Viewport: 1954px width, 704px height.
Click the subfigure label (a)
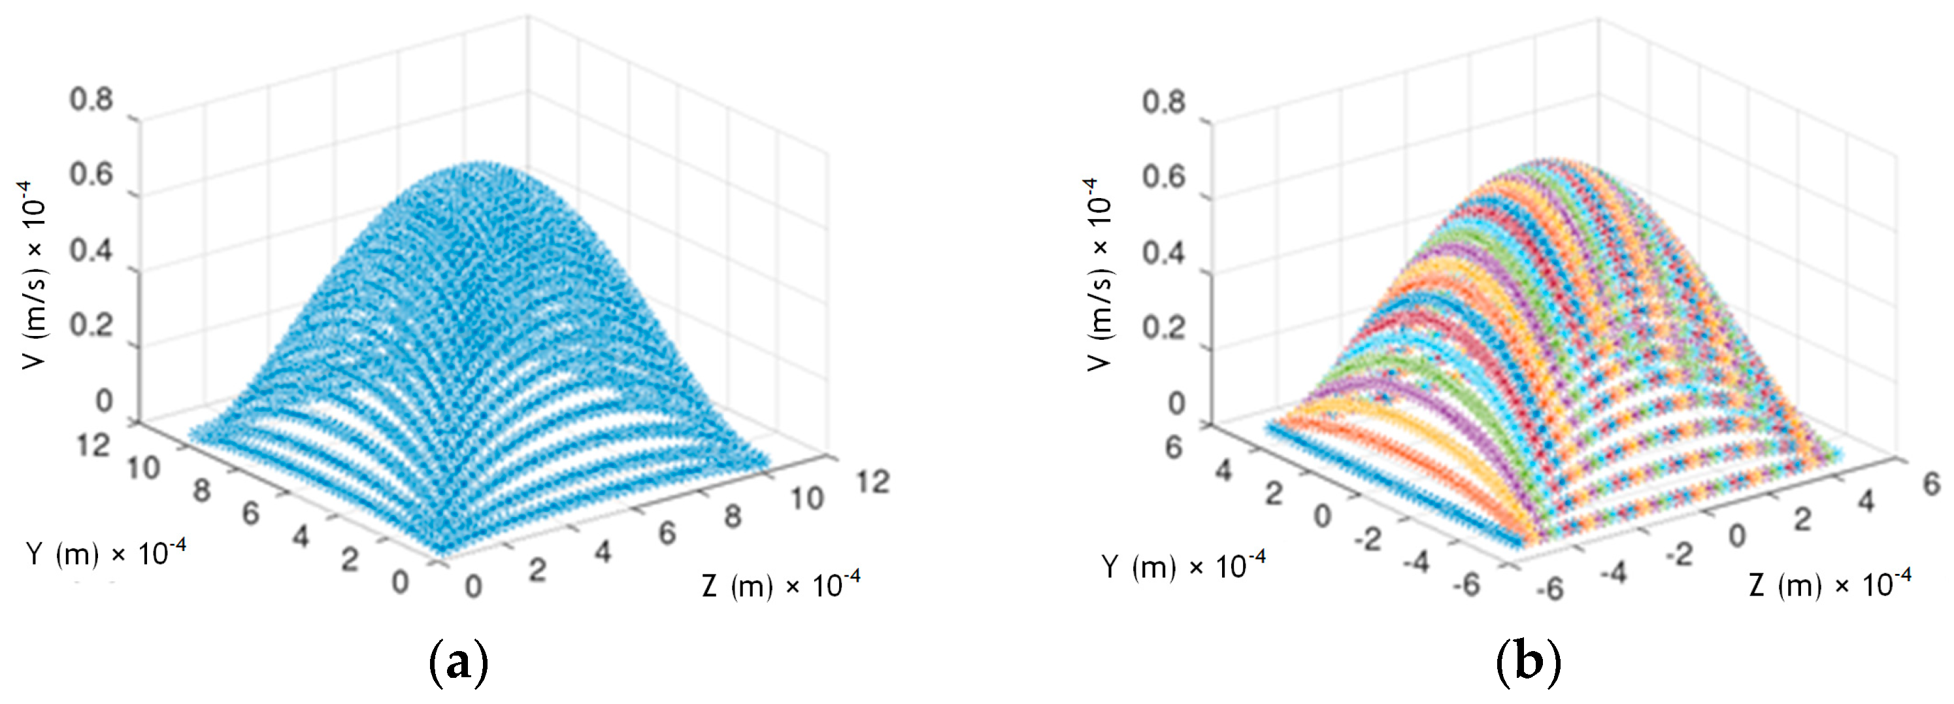(x=458, y=662)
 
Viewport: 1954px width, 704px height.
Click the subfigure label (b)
(x=1528, y=662)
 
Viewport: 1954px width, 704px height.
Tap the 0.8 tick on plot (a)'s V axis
(x=91, y=99)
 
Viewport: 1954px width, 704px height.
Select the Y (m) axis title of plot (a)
(x=105, y=553)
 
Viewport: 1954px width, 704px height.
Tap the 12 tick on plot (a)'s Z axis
(x=872, y=482)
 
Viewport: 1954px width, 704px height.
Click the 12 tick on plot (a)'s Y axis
(x=94, y=444)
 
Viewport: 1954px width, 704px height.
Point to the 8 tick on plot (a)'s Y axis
(x=201, y=491)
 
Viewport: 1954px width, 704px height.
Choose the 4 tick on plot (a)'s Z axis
(x=603, y=552)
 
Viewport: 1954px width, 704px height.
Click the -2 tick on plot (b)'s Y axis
(x=1368, y=540)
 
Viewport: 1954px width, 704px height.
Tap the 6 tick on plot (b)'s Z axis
(x=1931, y=483)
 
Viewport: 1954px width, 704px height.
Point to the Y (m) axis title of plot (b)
(x=1184, y=566)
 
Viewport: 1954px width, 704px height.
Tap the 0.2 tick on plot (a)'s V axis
(x=91, y=325)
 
